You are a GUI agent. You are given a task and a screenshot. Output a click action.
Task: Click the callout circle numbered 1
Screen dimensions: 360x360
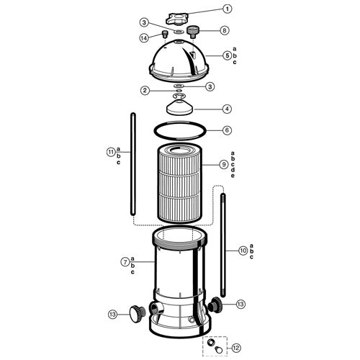pos(228,9)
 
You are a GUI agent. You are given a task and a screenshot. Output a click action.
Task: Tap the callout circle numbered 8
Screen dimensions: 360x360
pos(225,30)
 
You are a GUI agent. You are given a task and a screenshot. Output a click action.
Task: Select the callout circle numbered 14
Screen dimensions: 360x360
pos(143,37)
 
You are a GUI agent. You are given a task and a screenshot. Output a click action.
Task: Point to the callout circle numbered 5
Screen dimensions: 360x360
pos(227,55)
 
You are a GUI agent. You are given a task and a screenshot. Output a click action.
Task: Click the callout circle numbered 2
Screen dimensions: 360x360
pos(145,90)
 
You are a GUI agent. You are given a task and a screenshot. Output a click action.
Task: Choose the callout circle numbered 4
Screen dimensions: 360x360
pos(227,109)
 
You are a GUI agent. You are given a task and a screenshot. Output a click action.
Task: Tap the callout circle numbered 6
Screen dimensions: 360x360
pos(227,130)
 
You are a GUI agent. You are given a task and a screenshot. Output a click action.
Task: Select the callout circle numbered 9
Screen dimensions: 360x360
pos(225,165)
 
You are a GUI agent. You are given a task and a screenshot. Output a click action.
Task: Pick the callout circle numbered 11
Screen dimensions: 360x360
pos(110,152)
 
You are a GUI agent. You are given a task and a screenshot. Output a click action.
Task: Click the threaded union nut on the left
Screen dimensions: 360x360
pos(135,312)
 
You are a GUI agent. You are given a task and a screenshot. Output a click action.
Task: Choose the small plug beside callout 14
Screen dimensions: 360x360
pos(163,34)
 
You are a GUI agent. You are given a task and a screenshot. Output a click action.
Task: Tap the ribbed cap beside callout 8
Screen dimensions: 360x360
pos(194,31)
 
